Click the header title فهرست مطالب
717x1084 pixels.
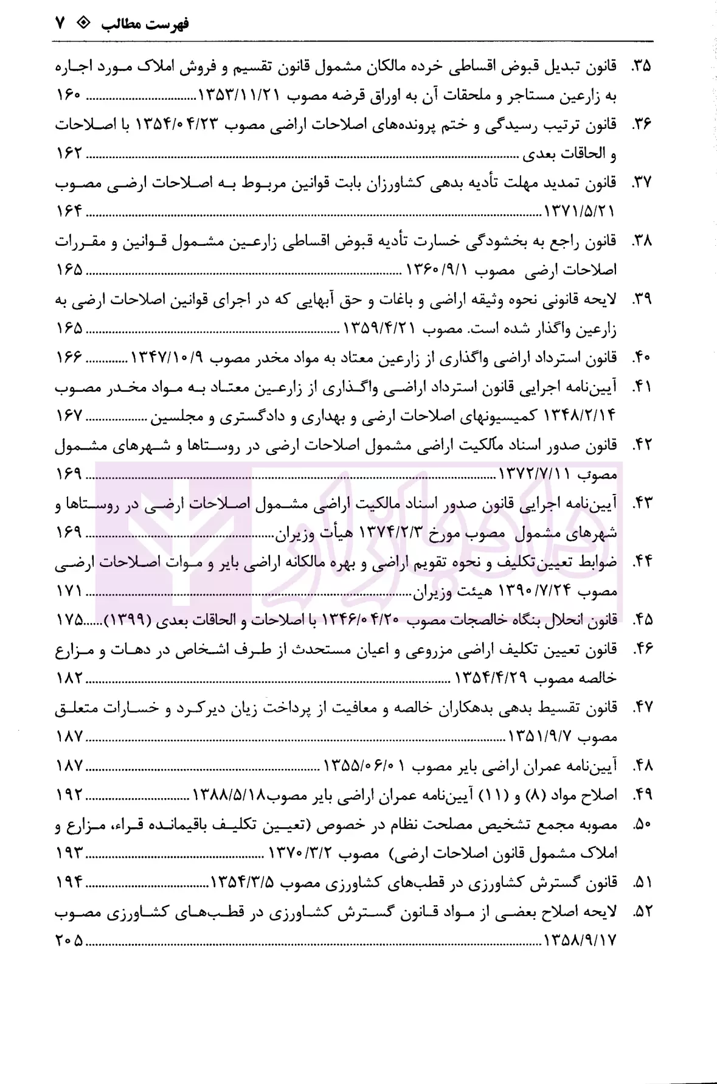point(145,24)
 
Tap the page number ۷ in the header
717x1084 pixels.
point(60,24)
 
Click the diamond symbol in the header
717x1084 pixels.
point(85,24)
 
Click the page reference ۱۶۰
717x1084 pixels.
point(69,96)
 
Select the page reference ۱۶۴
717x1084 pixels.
point(69,212)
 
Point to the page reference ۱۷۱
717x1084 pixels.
point(69,591)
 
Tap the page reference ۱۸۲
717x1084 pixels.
point(69,678)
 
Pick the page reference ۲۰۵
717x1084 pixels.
point(69,940)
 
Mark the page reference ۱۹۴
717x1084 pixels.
point(69,882)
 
